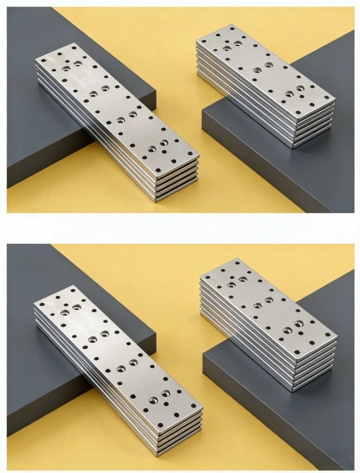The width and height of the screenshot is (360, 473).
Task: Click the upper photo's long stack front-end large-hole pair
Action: tap(158, 146)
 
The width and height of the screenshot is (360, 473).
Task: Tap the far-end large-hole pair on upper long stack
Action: tap(72, 66)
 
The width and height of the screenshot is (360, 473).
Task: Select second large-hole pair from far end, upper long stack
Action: tap(99, 91)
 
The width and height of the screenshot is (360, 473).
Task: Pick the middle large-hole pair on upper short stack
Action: tap(263, 67)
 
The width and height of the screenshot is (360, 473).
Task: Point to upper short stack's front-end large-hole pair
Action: tap(295, 91)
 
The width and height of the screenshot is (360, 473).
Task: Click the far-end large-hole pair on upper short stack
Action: tap(232, 46)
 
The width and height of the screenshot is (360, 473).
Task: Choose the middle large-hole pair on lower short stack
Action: tap(263, 303)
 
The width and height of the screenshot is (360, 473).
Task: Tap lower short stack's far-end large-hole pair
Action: tap(237, 282)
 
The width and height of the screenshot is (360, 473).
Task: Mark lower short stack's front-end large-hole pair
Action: tap(293, 327)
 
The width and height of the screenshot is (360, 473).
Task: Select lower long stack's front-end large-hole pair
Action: tap(159, 396)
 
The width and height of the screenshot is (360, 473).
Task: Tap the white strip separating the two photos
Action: tap(180, 228)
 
